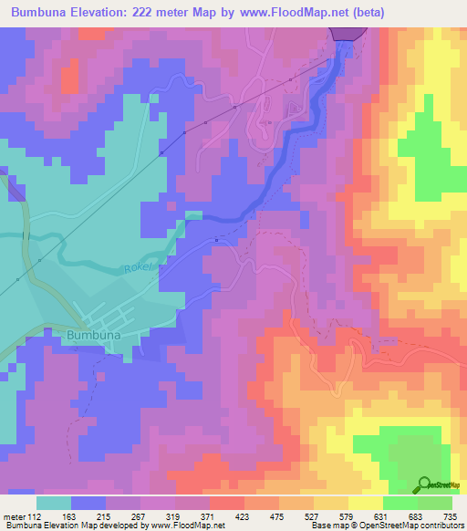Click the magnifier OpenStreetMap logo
[x=427, y=484]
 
